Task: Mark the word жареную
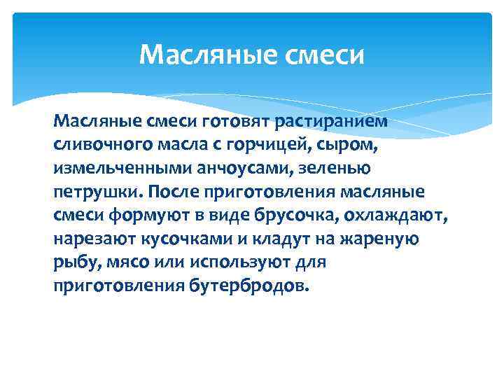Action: [381, 238]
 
